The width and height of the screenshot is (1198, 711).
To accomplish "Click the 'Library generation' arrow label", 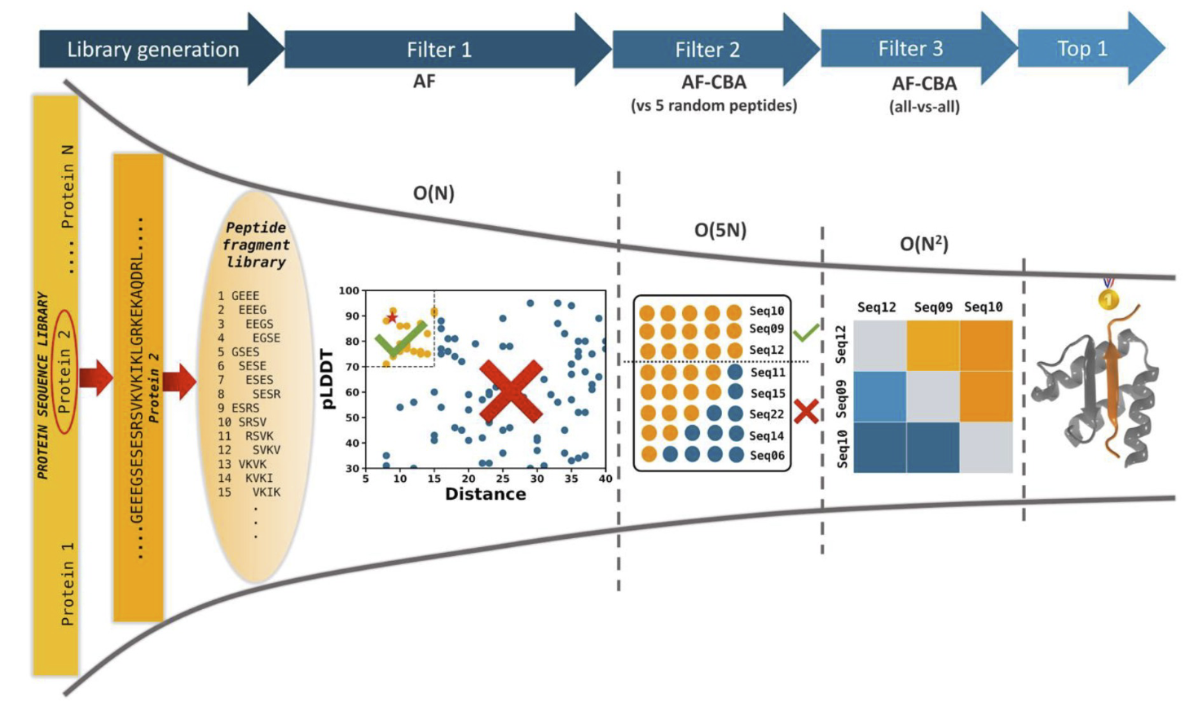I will coord(152,50).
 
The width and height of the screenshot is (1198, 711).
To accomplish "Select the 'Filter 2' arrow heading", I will coord(707,50).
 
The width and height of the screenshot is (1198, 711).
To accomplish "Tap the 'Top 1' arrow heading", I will coord(1081,49).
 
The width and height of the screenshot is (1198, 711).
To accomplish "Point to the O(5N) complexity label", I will coord(720,230).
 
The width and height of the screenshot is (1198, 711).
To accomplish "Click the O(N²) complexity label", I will coord(923,244).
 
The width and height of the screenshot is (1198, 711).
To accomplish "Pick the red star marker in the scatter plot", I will coord(392,317).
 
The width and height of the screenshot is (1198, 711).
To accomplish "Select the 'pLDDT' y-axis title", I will coord(328,379).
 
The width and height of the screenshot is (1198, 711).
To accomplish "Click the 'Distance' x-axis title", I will coord(485,494).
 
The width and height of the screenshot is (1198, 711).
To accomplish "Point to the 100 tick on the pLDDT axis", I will coord(349,290).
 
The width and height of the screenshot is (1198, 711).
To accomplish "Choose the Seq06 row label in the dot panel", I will coord(767,456).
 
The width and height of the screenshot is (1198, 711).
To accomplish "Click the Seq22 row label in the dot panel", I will coord(767,414).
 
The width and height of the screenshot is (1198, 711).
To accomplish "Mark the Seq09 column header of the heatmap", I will coord(932,307).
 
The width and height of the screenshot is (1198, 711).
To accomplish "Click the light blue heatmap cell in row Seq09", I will coord(879,396).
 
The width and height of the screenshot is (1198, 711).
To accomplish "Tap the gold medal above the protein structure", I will coord(1108,298).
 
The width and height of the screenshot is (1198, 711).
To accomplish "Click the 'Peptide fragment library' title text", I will coord(256,245).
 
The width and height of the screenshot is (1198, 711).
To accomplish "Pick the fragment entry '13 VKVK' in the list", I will coord(241,464).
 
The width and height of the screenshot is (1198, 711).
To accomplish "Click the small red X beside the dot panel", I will coord(806,411).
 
